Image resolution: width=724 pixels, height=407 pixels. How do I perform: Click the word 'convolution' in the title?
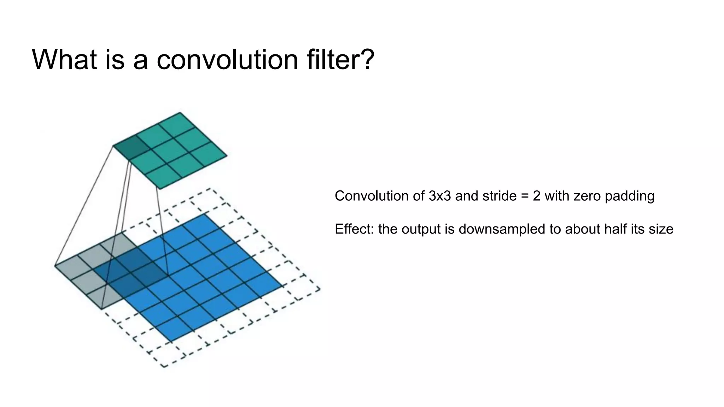coord(227,59)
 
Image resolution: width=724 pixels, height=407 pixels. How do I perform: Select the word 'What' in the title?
coord(64,59)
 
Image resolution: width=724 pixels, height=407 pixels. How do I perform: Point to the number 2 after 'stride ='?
coord(537,196)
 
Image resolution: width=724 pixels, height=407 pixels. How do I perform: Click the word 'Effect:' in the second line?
coord(354,229)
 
